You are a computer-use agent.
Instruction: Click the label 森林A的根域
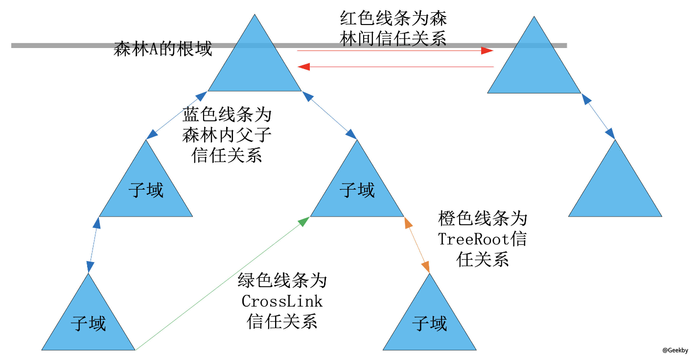pyautogui.click(x=162, y=49)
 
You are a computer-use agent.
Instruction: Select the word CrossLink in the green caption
pyautogui.click(x=282, y=301)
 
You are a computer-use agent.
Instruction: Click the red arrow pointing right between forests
pyautogui.click(x=394, y=51)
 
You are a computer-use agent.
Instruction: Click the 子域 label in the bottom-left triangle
pyautogui.click(x=88, y=324)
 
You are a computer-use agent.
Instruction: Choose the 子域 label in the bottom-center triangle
pyautogui.click(x=429, y=324)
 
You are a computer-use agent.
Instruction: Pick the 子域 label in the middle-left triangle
pyautogui.click(x=146, y=190)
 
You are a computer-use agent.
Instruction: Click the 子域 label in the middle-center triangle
pyautogui.click(x=357, y=190)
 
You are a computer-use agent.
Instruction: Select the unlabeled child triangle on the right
pyautogui.click(x=615, y=191)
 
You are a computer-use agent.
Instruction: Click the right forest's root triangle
pyautogui.click(x=534, y=64)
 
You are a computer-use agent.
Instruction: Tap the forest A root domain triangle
pyautogui.click(x=255, y=64)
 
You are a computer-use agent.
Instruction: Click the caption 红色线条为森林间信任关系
pyautogui.click(x=393, y=29)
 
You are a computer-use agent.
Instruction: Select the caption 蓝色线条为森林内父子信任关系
pyautogui.click(x=227, y=135)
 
